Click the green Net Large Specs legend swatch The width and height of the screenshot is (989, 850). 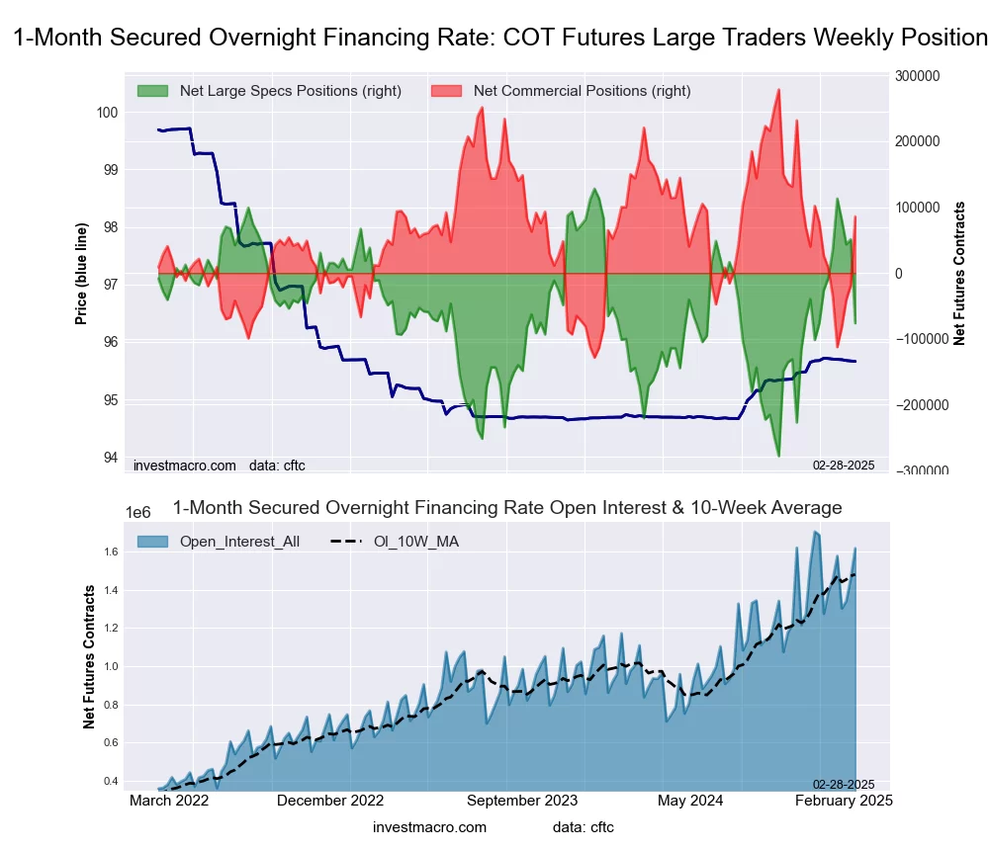[153, 91]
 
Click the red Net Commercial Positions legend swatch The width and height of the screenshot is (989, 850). [447, 91]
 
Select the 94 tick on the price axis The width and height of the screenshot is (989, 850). [111, 458]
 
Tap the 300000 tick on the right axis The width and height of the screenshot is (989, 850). [917, 75]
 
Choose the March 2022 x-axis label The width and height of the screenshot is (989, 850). [169, 801]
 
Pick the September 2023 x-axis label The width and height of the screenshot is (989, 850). [521, 801]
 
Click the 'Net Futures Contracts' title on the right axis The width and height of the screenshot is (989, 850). [959, 273]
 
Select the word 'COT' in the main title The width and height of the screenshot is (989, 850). [529, 39]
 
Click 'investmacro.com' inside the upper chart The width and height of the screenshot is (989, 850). [185, 465]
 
